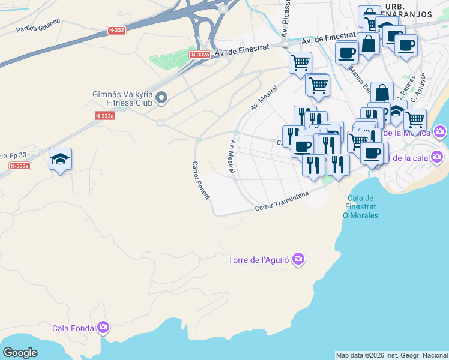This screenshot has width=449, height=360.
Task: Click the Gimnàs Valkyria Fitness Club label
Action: coord(123,98)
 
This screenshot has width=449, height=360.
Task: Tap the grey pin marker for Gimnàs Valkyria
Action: coord(161,98)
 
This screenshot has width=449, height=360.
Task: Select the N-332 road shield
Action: coord(117,29)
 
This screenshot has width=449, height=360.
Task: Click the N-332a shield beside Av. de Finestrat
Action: coord(199,55)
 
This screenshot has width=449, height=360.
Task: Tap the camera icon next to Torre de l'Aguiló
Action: coord(298,260)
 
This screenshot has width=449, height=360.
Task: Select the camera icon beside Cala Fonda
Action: coord(103,328)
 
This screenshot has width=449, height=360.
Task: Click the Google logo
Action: coord(20,352)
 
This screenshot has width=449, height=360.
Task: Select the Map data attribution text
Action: coord(391,355)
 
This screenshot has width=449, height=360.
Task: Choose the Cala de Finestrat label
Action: coord(360,206)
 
